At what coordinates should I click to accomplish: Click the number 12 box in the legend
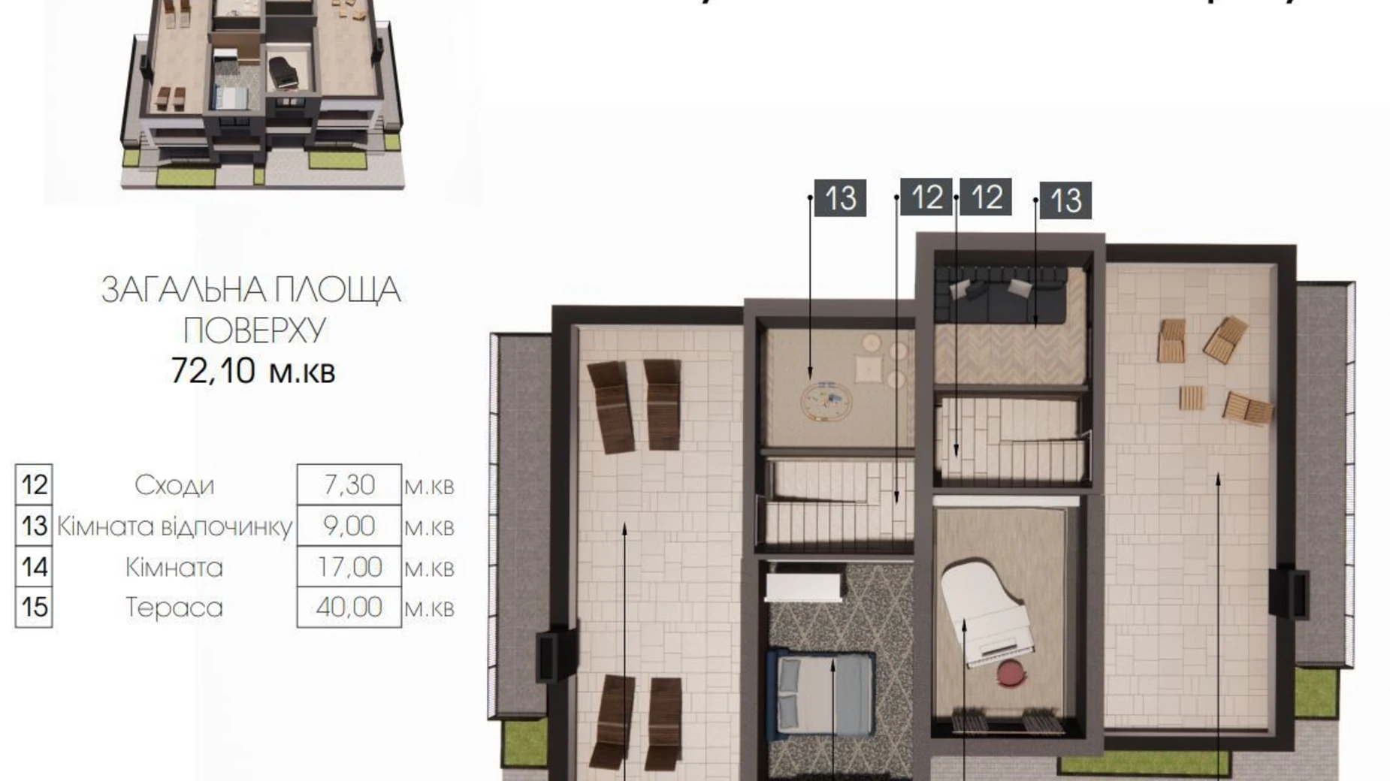coord(34,485)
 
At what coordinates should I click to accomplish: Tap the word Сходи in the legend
coord(174,485)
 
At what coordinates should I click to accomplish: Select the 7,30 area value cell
coord(349,485)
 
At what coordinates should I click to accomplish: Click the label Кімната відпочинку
coord(174,526)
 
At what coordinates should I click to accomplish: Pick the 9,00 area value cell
coord(349,526)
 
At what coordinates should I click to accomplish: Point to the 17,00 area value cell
coord(349,567)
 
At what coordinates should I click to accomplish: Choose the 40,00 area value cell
coord(349,607)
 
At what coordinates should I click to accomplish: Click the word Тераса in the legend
coord(174,608)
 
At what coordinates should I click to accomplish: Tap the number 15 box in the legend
coord(34,607)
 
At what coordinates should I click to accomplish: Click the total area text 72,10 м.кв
coord(253,370)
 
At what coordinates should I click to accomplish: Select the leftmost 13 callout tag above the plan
coord(840,198)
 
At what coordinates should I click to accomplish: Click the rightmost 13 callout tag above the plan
coord(1065,201)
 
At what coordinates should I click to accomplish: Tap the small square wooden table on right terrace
coord(1191,397)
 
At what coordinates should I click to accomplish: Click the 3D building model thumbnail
coord(263,94)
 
